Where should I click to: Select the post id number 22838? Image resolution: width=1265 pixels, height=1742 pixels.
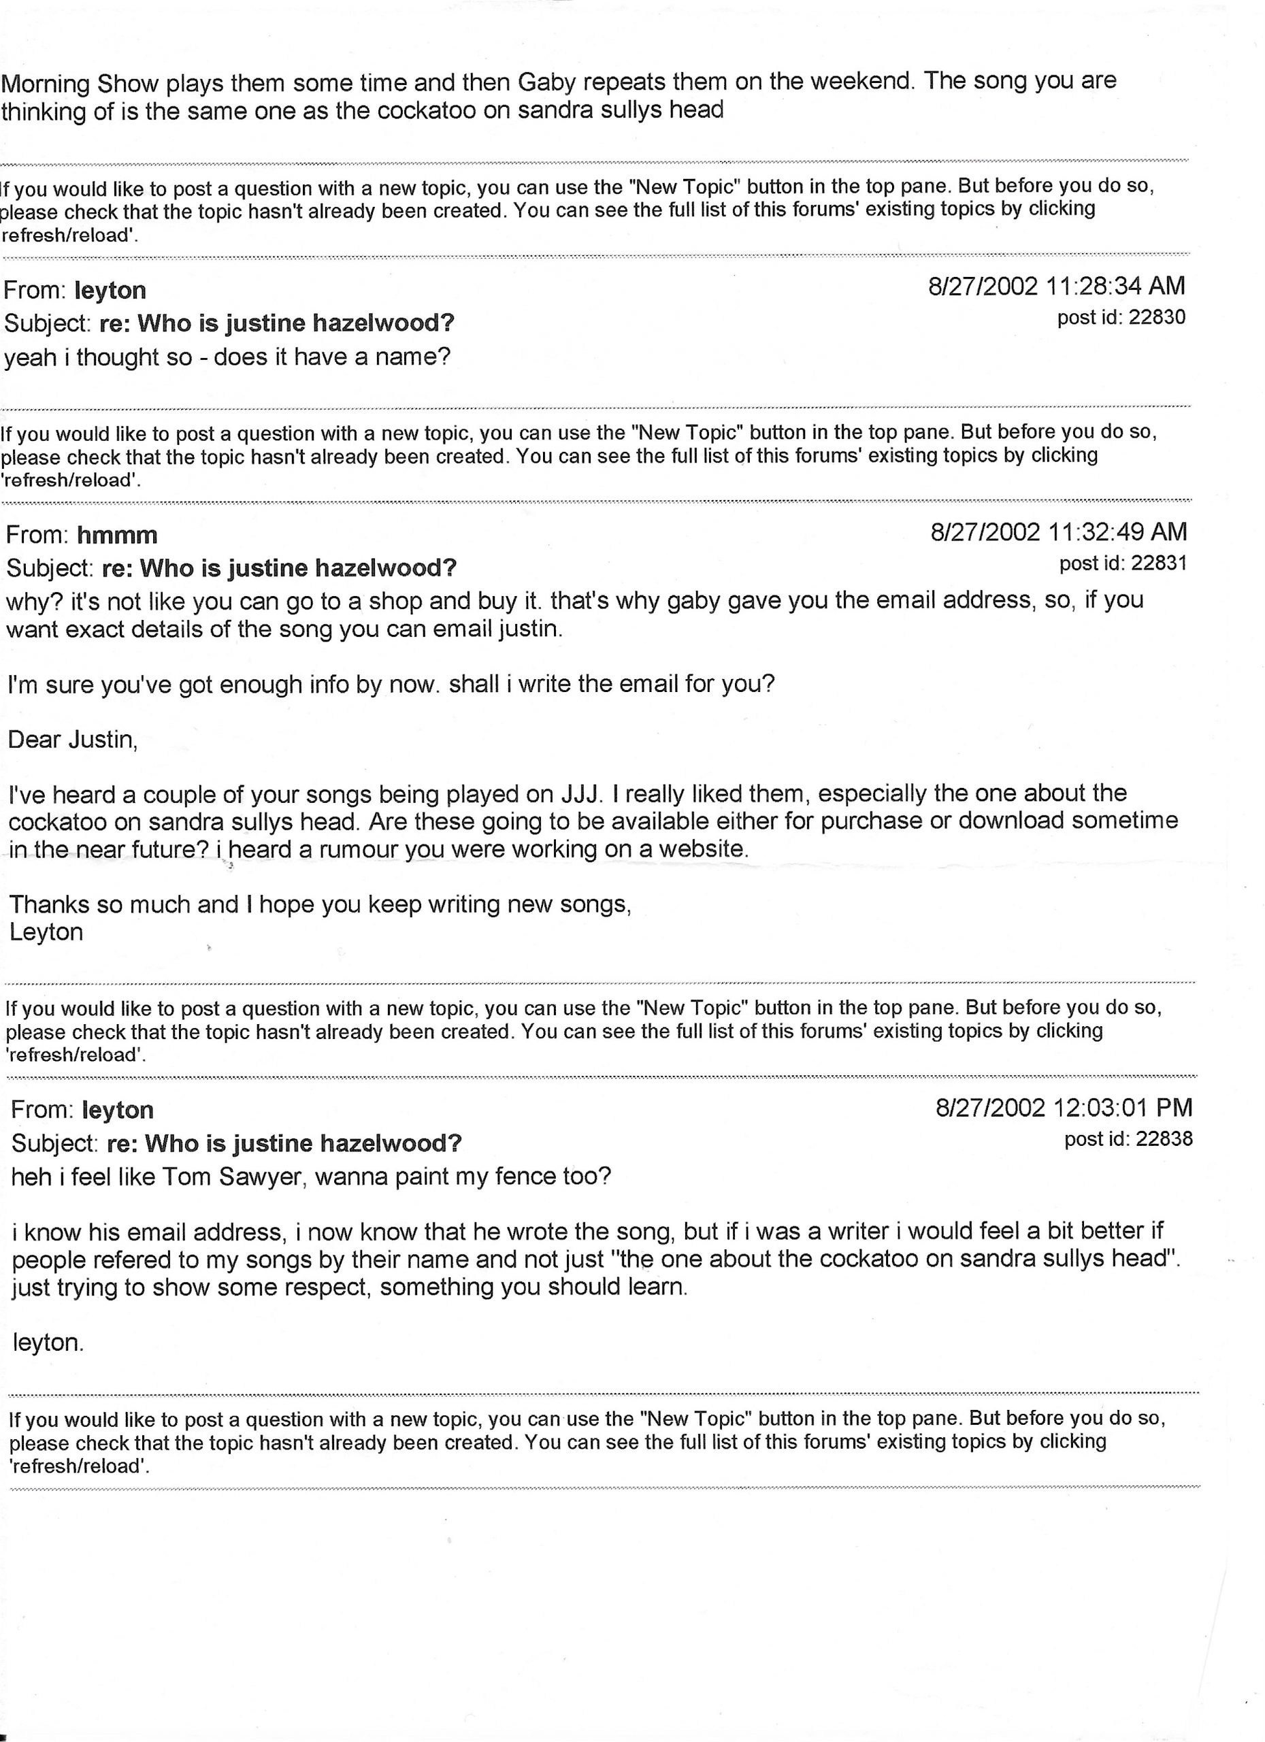click(x=1164, y=1138)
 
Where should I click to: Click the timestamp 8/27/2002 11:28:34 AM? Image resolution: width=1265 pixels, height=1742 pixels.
click(x=1056, y=286)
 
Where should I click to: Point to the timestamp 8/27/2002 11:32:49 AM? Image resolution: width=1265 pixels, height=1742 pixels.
click(x=1058, y=531)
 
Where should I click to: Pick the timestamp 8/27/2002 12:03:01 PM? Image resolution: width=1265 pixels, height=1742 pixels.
click(x=1064, y=1108)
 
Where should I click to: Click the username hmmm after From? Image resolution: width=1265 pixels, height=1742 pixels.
click(x=117, y=536)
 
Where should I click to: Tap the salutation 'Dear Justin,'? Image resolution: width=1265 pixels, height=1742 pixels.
click(x=73, y=740)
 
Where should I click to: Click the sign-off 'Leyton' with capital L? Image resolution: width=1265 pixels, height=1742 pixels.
click(x=46, y=932)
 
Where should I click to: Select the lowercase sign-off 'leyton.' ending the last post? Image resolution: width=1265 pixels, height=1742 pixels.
click(x=48, y=1343)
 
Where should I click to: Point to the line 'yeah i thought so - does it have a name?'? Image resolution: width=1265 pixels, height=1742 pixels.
click(x=227, y=357)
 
